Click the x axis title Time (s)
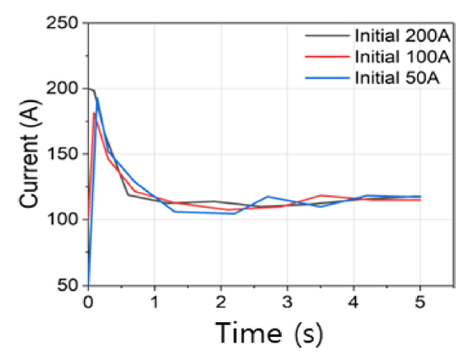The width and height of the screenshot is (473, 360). pos(269,334)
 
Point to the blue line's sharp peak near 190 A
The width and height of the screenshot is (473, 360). pos(96,98)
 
